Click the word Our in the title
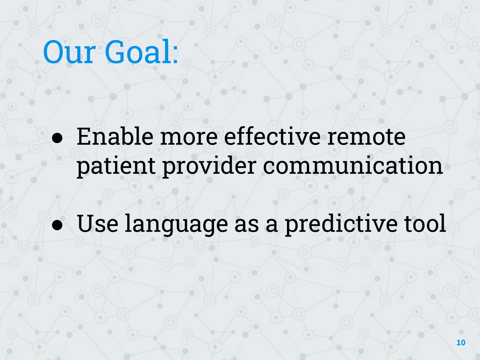point(69,52)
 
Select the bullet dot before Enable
point(57,138)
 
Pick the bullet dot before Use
point(57,225)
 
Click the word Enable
point(115,136)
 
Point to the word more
point(189,139)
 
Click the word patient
point(116,167)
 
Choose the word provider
point(209,167)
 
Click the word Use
point(97,223)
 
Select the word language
point(176,225)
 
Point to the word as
point(247,226)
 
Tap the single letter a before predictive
point(272,226)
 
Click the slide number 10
point(461,342)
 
